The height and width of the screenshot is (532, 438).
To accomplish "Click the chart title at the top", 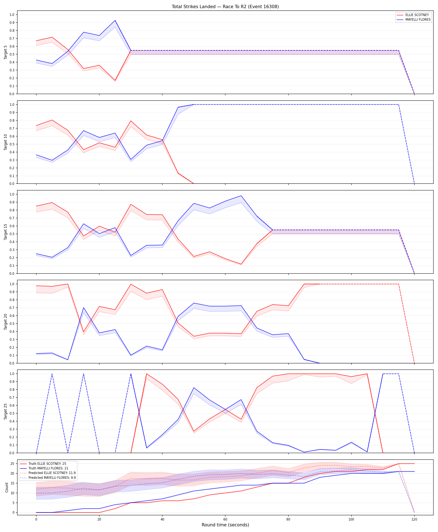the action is (x=225, y=6).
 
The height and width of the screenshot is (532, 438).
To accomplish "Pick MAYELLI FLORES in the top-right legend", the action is (x=418, y=19).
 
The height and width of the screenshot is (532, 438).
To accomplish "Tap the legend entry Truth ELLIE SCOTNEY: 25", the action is (x=47, y=464).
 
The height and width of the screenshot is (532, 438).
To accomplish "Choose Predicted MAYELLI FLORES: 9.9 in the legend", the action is (x=52, y=478).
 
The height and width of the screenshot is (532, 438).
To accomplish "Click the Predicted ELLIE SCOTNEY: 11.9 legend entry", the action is (x=52, y=473).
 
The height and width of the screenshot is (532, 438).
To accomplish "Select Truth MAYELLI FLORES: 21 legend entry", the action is (x=48, y=468).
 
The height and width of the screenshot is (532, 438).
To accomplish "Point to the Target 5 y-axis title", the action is (x=6, y=52).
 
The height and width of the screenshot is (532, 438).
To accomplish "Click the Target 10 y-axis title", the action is (x=6, y=142).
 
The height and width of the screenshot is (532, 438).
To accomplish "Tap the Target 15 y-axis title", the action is (x=6, y=232).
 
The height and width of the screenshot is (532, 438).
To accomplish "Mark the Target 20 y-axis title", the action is (x=6, y=322).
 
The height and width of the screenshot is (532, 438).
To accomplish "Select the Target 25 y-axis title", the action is (x=6, y=412).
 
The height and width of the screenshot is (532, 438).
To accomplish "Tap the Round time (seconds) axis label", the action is (x=225, y=525).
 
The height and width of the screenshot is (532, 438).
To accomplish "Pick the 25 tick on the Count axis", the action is (x=12, y=464).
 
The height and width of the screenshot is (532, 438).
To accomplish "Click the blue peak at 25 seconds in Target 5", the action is (x=115, y=20).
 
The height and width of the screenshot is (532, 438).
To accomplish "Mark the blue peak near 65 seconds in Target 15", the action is (x=241, y=196).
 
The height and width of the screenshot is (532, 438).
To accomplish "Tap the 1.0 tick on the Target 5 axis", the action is (x=12, y=15).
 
